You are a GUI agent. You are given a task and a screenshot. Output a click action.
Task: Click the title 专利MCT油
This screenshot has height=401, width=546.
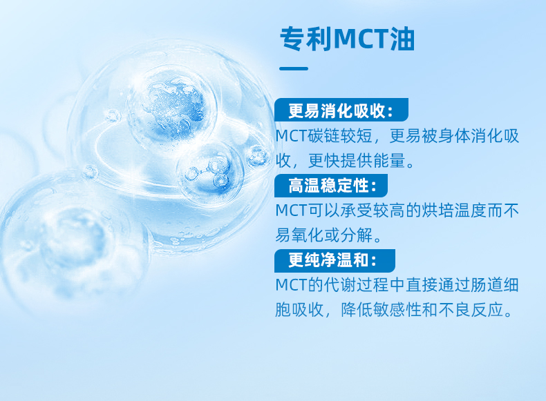click(347, 39)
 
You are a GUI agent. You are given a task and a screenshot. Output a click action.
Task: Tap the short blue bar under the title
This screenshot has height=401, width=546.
click(294, 68)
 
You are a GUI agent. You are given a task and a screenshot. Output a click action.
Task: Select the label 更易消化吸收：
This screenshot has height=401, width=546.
click(341, 110)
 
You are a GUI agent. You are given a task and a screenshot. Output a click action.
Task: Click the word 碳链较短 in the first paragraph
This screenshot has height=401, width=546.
click(340, 136)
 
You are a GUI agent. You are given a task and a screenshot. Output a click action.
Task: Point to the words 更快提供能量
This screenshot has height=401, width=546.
click(357, 160)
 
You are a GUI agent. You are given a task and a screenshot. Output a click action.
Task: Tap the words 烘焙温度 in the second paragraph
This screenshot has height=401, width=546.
click(453, 211)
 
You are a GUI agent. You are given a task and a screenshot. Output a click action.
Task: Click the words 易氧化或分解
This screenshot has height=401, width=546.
click(324, 235)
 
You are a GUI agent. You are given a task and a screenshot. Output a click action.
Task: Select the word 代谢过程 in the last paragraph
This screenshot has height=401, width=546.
click(357, 285)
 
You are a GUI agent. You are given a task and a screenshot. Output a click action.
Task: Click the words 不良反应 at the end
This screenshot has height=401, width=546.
click(471, 309)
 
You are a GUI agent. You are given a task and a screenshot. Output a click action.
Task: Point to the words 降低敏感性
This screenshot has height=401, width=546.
click(381, 309)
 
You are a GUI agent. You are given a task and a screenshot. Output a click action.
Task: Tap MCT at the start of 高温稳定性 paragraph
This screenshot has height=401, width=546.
click(292, 211)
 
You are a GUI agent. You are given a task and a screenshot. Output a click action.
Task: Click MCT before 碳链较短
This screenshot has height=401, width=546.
click(292, 136)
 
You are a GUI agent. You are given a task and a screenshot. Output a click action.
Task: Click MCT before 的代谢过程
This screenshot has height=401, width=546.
click(292, 285)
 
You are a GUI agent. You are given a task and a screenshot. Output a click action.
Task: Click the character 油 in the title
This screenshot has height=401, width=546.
click(402, 39)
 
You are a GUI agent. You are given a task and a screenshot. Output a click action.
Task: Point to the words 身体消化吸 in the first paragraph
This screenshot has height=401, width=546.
click(478, 136)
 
